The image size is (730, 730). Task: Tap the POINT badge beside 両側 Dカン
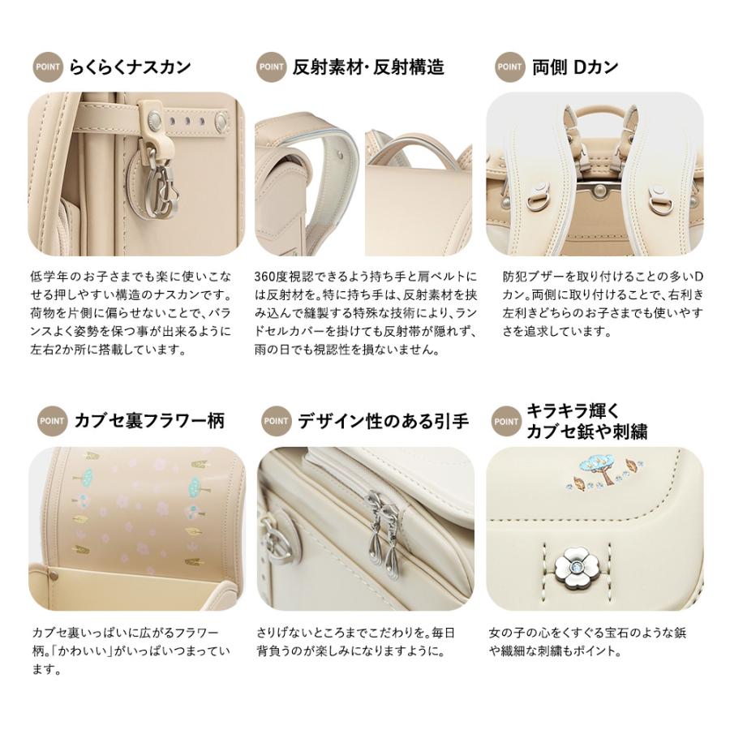[509, 67]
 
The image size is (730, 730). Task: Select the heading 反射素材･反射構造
[368, 67]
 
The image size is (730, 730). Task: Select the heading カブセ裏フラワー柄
[149, 421]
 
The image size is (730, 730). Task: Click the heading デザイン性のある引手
[383, 421]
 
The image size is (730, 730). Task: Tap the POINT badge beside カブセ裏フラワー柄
[52, 421]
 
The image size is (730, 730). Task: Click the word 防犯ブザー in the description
[528, 276]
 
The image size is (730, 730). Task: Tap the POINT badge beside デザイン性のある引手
[276, 421]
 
